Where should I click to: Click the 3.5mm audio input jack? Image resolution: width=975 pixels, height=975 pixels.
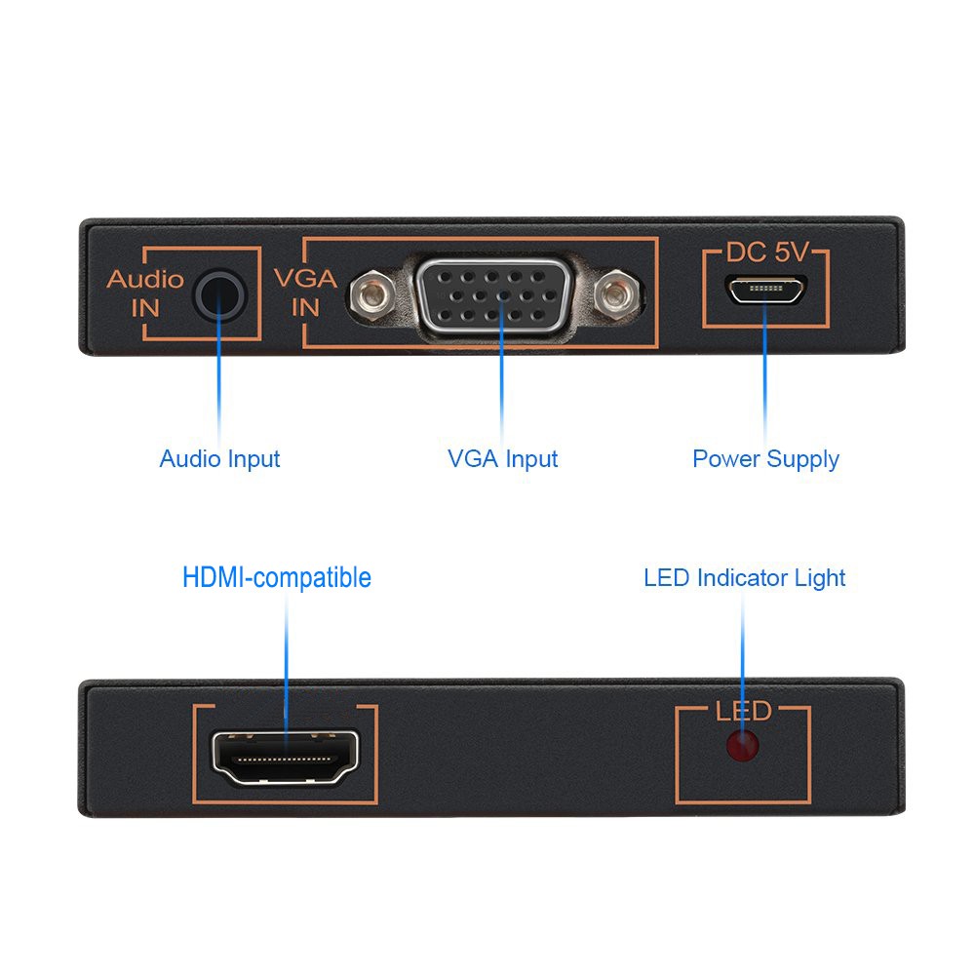(219, 294)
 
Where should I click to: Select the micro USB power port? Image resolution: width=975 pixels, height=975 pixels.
(765, 290)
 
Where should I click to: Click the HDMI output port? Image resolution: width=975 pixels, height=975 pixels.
(286, 757)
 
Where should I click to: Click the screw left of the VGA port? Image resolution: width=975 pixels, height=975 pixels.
(371, 293)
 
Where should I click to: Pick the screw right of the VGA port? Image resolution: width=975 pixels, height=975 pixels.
(617, 294)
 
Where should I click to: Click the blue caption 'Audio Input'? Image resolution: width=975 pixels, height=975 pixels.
(219, 458)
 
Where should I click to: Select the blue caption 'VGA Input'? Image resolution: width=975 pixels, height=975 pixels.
(502, 458)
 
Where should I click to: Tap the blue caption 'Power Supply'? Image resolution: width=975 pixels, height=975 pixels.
(765, 458)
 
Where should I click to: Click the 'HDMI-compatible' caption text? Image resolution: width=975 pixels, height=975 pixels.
(277, 577)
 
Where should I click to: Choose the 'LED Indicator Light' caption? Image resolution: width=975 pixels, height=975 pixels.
(744, 577)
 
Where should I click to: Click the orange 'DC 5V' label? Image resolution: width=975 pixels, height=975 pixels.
(766, 253)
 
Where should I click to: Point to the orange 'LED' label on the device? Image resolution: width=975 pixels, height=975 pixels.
(743, 711)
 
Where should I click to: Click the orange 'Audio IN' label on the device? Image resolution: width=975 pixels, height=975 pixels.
(144, 292)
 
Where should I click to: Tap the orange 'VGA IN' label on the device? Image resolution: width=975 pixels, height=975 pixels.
(306, 292)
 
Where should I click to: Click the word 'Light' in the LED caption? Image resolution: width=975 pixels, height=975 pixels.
(820, 577)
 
